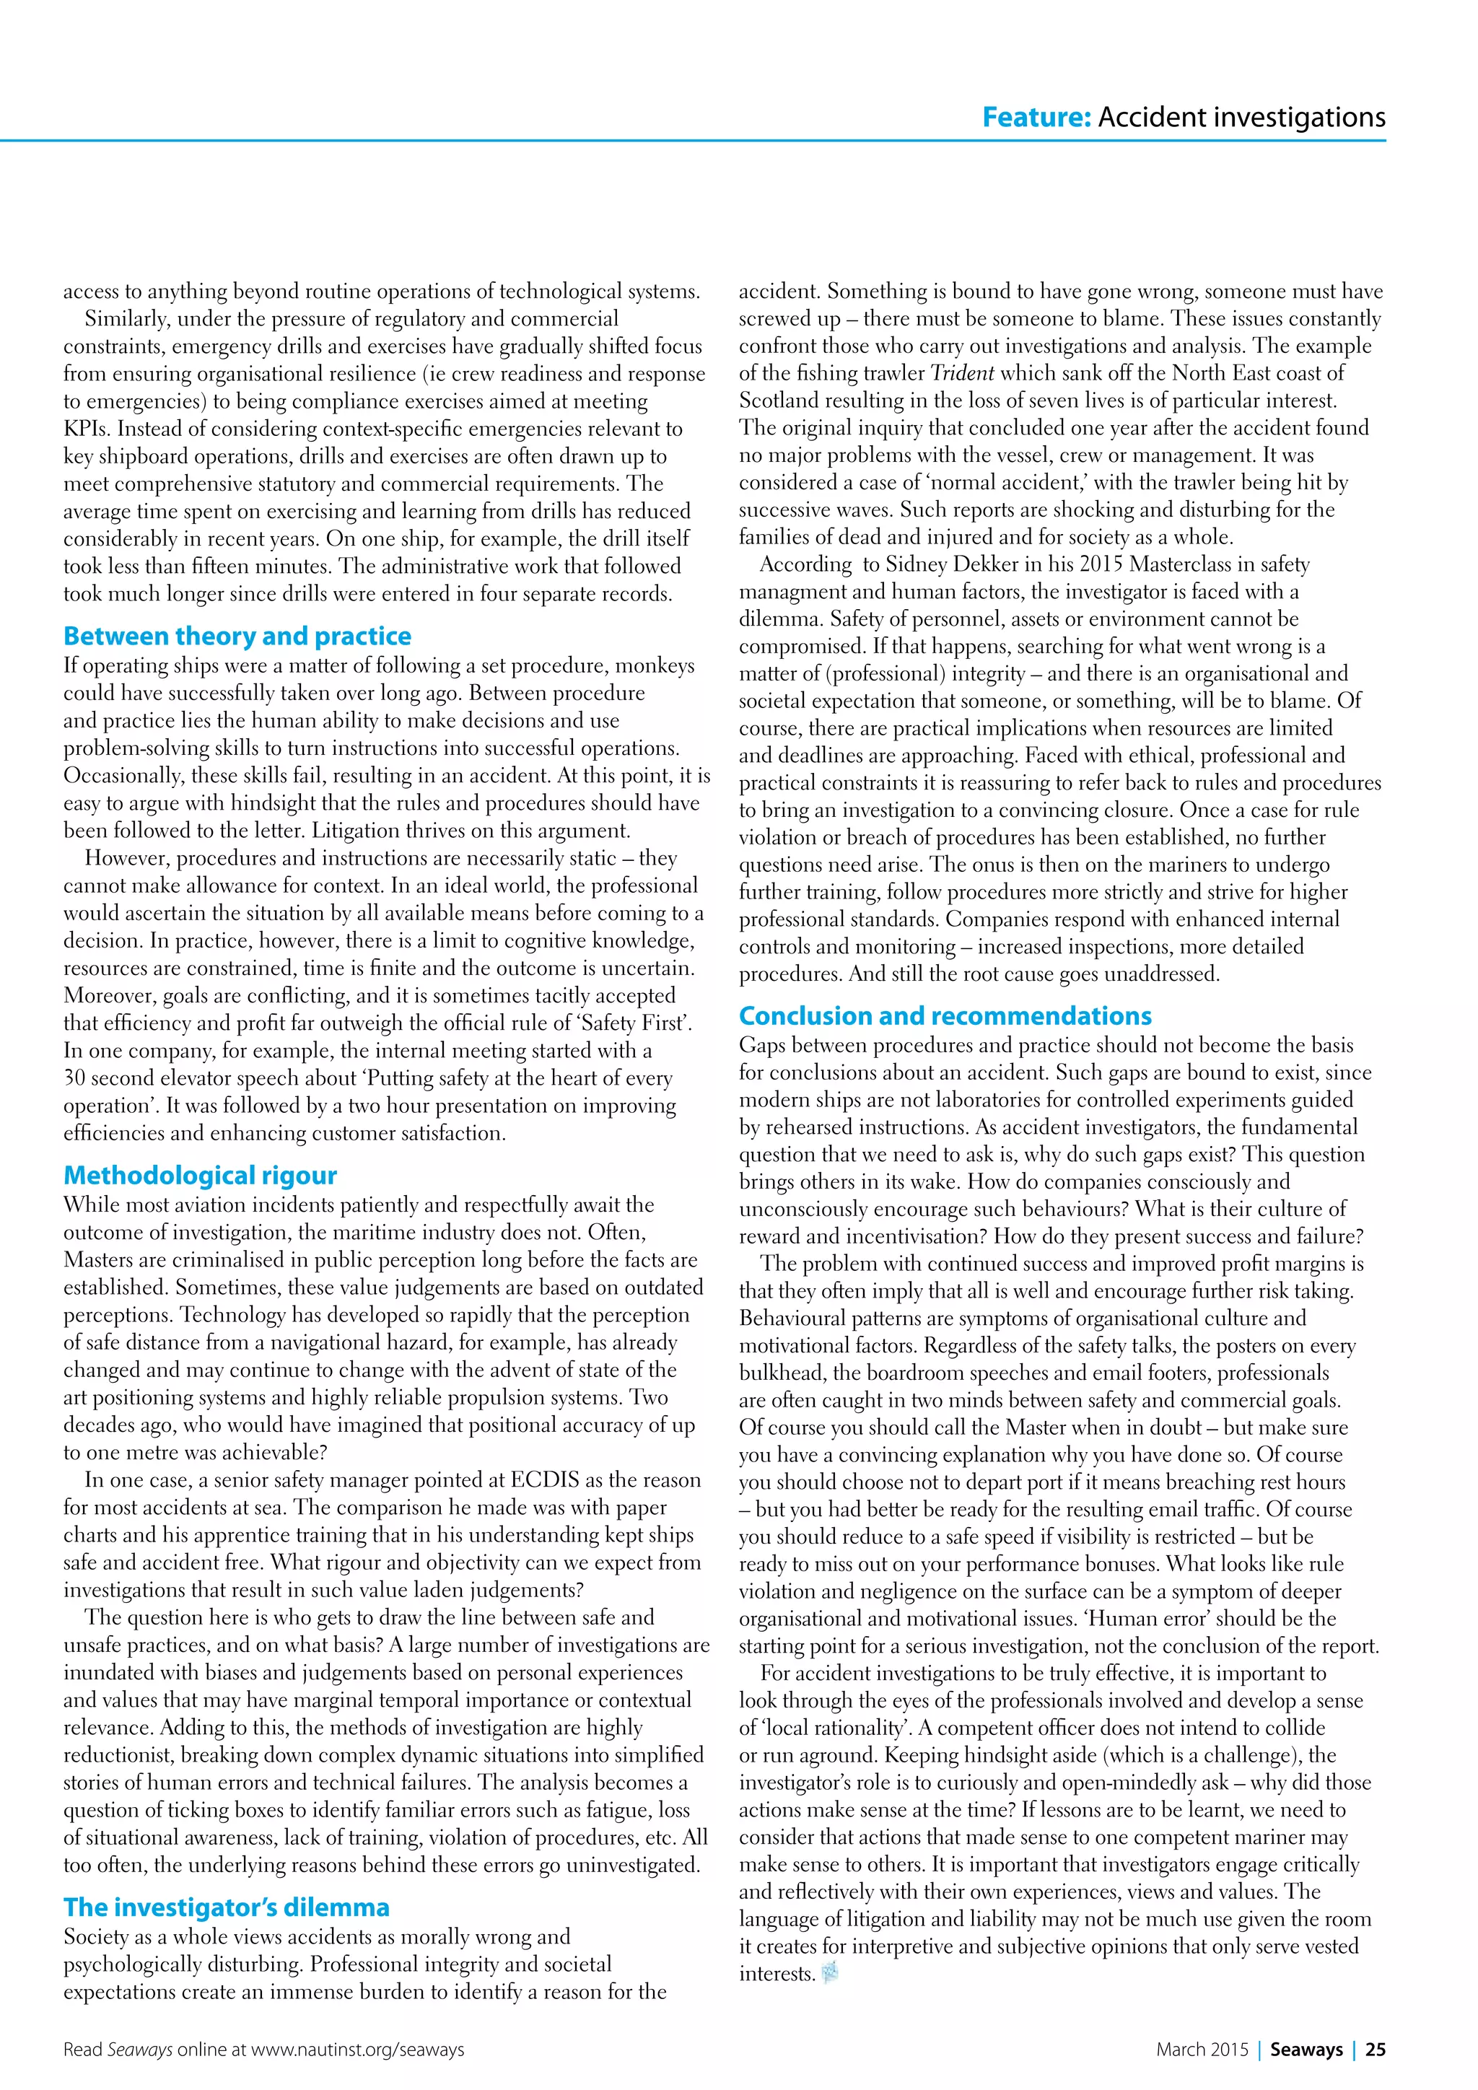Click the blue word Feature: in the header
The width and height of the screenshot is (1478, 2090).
(1036, 118)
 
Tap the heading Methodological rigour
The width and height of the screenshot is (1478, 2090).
(200, 1175)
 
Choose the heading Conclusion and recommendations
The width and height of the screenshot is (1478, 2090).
(945, 1016)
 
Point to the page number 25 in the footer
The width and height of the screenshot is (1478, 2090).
(1376, 2049)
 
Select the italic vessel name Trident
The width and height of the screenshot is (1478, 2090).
(962, 373)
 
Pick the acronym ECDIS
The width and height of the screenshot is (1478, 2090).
(556, 1480)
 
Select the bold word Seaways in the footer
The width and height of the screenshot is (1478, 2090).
(1306, 2049)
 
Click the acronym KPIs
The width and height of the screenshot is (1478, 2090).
(87, 429)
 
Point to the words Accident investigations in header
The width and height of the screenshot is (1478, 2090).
(1241, 118)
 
